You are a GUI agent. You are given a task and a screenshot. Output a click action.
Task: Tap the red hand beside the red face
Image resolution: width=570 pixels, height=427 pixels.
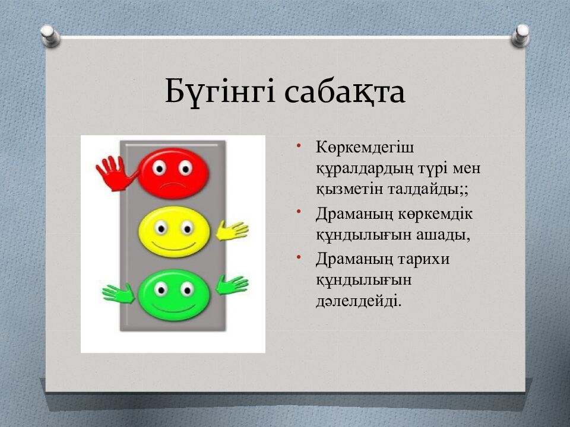(116, 173)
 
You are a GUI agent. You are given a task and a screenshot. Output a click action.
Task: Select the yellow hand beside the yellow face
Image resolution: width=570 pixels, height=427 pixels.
(232, 231)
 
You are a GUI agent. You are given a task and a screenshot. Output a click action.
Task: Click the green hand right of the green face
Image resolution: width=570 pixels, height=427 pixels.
(232, 285)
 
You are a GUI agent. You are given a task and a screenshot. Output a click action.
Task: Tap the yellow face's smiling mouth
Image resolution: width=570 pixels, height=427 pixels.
(174, 247)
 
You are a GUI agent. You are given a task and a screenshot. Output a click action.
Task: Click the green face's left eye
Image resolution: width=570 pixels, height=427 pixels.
(160, 289)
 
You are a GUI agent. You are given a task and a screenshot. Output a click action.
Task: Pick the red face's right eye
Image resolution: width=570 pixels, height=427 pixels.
(186, 168)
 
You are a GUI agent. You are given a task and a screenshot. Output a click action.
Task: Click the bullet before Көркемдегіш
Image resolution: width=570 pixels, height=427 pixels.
(299, 146)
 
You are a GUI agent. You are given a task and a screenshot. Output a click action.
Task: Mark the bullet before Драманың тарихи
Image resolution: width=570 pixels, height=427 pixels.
(299, 257)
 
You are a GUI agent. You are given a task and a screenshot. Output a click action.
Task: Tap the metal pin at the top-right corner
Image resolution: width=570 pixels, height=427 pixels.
(520, 36)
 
